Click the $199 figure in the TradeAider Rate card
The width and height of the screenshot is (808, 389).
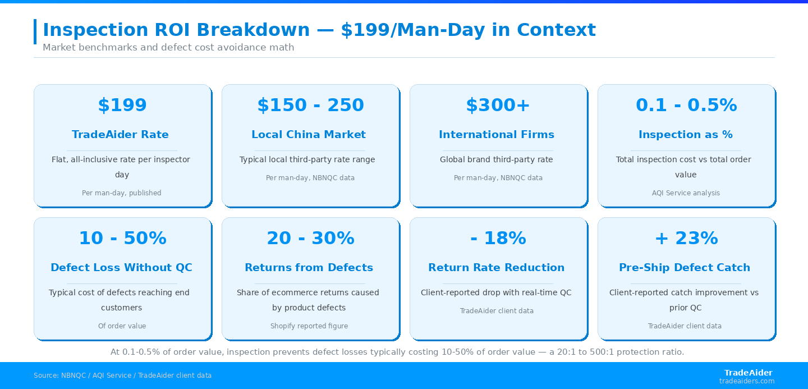click(x=122, y=105)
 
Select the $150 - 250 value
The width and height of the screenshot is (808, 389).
click(x=311, y=105)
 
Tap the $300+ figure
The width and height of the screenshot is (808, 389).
click(x=498, y=105)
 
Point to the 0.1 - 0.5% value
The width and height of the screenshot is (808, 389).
click(x=686, y=105)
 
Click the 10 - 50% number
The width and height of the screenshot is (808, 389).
click(x=122, y=238)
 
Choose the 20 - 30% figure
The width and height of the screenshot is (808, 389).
click(x=311, y=238)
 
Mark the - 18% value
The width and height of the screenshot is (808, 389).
click(x=498, y=238)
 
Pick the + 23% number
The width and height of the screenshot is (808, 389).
click(x=686, y=238)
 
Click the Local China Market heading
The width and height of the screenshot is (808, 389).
click(x=309, y=135)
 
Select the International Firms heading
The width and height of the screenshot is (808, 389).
click(x=497, y=135)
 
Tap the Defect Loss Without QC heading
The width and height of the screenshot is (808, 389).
click(x=121, y=267)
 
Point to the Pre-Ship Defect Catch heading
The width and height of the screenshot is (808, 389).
click(x=685, y=267)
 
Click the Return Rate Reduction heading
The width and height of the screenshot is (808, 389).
click(x=497, y=267)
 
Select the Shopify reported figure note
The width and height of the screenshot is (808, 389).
click(x=309, y=326)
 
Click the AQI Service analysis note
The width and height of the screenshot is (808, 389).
click(x=686, y=193)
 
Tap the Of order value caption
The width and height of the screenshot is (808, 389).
click(x=122, y=326)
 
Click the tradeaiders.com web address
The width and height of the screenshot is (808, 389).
click(x=747, y=381)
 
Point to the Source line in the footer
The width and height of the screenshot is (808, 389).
click(x=123, y=376)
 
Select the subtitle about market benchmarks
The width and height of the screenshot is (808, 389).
click(x=168, y=47)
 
